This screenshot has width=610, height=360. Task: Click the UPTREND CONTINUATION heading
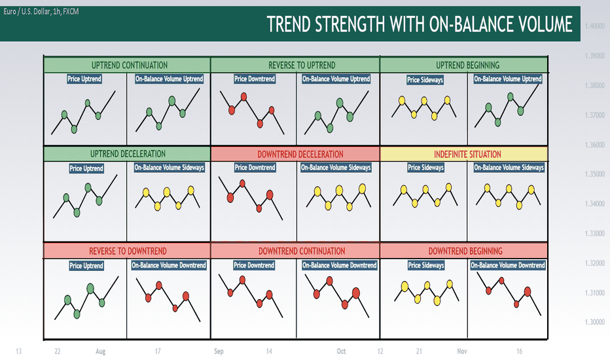(x=130, y=65)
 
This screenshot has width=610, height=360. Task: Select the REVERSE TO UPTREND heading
(x=302, y=65)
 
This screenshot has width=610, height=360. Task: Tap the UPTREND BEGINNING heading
(x=467, y=65)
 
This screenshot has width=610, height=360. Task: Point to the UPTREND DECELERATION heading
(x=128, y=154)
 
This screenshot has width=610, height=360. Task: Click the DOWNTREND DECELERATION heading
(x=300, y=154)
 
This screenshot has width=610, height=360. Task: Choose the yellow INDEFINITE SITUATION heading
(x=467, y=154)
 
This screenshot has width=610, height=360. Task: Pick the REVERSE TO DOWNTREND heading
(x=128, y=251)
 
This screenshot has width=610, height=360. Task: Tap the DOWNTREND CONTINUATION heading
(x=302, y=251)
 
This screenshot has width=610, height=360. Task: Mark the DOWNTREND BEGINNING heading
(x=465, y=251)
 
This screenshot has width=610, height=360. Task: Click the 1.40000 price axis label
(x=595, y=26)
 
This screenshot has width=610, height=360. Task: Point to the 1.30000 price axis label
(x=595, y=322)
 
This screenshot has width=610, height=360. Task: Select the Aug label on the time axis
(x=100, y=351)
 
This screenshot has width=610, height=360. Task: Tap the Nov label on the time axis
(x=462, y=351)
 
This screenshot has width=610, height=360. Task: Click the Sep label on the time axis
(x=219, y=351)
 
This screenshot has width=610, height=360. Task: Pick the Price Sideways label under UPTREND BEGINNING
(x=425, y=80)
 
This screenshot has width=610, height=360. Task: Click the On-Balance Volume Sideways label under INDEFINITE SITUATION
(x=509, y=168)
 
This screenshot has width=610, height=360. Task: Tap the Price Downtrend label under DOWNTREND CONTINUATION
(x=254, y=265)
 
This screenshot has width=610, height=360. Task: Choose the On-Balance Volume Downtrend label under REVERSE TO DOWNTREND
(x=168, y=265)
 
